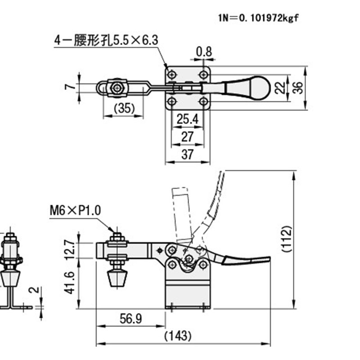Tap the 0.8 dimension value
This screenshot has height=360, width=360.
pos(204,52)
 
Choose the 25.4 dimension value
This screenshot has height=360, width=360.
pos(188,120)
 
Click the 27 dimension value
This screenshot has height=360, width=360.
pos(188,137)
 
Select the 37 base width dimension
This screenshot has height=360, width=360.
pos(188,154)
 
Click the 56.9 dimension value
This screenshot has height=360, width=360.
pos(130,319)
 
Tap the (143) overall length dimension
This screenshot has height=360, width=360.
pos(178,335)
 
